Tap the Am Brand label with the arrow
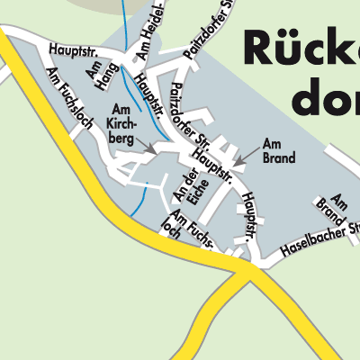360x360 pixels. (279, 151)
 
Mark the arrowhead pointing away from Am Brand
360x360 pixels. (237, 162)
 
